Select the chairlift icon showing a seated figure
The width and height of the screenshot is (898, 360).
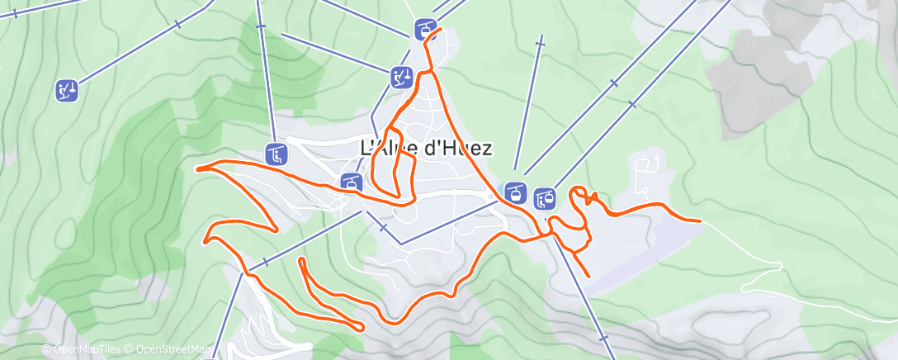tap(276, 154)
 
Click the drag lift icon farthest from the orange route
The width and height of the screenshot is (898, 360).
tap(67, 90)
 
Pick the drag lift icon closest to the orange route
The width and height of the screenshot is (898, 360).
tap(401, 78)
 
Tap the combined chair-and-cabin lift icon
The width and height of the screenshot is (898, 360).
tap(545, 197)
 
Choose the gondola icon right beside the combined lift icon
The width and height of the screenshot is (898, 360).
tap(516, 193)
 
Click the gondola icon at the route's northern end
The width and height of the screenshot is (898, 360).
tap(425, 31)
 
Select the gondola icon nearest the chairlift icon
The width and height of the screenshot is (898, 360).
tap(351, 182)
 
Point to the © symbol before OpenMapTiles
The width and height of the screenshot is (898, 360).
tap(46, 350)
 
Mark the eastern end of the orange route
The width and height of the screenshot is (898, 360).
tap(701, 221)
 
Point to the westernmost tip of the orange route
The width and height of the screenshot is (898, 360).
tap(196, 168)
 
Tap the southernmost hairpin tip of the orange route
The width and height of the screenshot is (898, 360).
tap(361, 328)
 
